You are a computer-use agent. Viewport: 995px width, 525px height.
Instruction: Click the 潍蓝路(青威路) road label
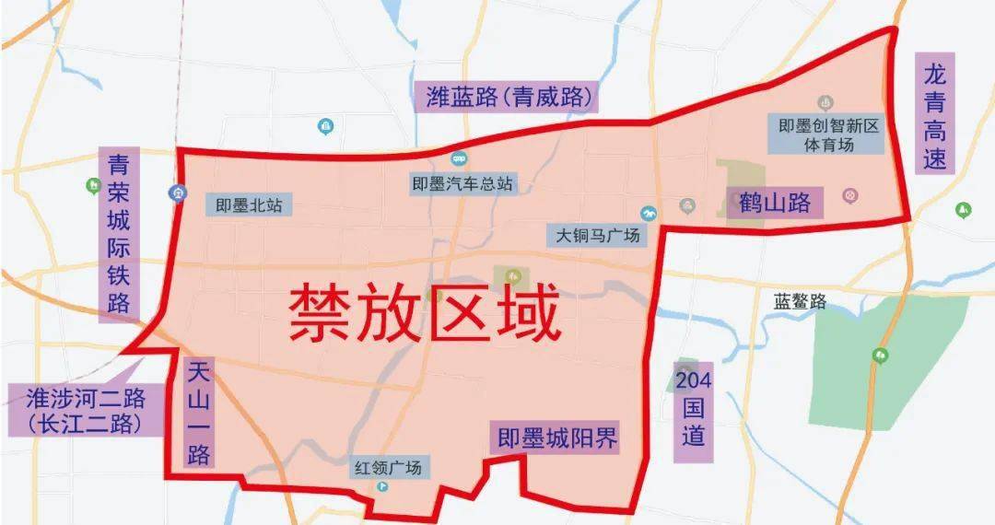click(x=509, y=97)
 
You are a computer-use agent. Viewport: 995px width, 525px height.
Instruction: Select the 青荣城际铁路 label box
click(x=119, y=235)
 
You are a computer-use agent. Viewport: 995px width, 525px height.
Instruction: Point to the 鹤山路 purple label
click(x=775, y=202)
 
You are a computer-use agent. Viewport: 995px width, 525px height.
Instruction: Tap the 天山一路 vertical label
click(x=198, y=414)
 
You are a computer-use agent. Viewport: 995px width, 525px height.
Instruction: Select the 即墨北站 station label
click(x=249, y=205)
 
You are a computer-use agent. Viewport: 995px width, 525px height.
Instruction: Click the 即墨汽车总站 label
click(x=462, y=183)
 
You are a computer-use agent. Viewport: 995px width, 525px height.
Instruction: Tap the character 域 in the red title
click(x=529, y=313)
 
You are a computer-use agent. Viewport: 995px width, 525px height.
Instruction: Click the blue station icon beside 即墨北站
click(x=176, y=192)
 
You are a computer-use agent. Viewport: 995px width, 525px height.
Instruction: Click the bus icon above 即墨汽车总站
click(x=459, y=159)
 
